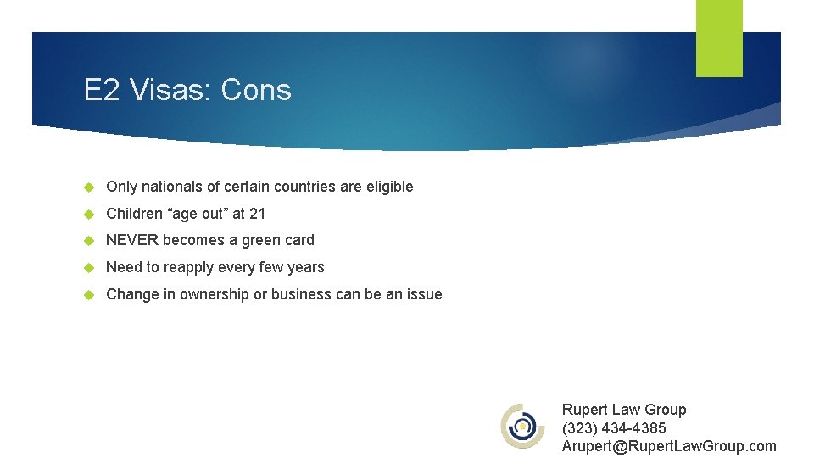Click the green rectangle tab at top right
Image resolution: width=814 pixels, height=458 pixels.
[719, 38]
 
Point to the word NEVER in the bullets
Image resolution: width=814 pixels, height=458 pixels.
[132, 240]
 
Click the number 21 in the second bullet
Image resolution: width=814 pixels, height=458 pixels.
[257, 214]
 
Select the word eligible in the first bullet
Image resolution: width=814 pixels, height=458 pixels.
[389, 187]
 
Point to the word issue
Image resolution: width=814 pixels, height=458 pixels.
[424, 294]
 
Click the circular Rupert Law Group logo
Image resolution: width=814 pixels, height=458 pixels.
[523, 426]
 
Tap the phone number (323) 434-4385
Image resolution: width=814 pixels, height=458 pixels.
[614, 428]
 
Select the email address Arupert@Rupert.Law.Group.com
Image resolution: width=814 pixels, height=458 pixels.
[668, 446]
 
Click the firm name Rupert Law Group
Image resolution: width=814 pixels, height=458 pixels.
[624, 410]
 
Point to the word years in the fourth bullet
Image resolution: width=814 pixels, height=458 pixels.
[305, 267]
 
